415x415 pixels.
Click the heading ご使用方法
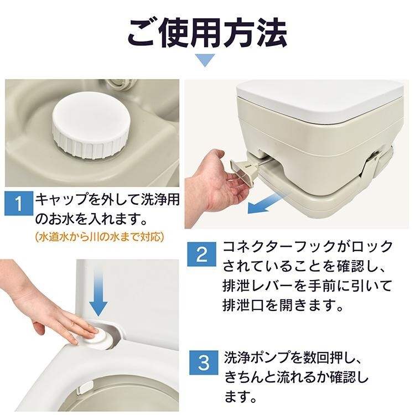click(x=207, y=34)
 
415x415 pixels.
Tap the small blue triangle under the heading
click(x=205, y=60)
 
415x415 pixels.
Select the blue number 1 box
click(x=18, y=203)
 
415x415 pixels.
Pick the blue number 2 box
click(x=201, y=254)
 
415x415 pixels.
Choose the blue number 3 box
click(x=204, y=363)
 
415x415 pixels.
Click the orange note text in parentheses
click(x=99, y=237)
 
